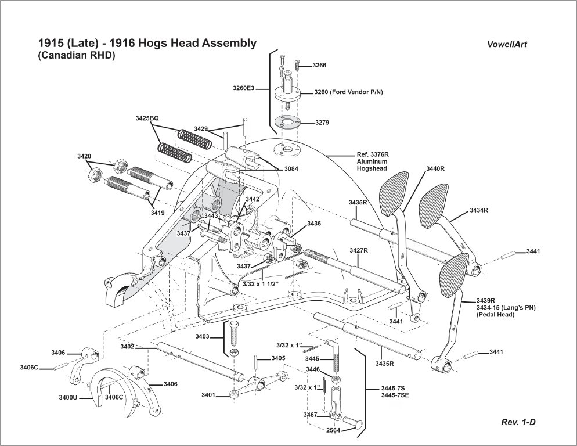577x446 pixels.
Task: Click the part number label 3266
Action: click(319, 66)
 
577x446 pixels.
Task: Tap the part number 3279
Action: click(322, 123)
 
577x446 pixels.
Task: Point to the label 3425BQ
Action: click(147, 118)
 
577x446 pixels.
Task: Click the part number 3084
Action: click(293, 168)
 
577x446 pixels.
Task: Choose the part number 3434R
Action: click(479, 210)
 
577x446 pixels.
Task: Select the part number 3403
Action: click(203, 336)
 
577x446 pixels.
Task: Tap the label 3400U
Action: click(68, 398)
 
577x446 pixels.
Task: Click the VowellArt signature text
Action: click(507, 44)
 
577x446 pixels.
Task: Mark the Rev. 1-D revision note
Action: click(518, 422)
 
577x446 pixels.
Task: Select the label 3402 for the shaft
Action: click(128, 347)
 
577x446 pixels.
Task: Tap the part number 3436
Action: click(314, 224)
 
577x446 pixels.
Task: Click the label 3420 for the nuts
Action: click(84, 156)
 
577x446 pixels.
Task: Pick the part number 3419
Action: click(157, 213)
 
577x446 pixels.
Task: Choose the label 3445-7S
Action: click(393, 387)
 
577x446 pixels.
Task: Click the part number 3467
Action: click(310, 415)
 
